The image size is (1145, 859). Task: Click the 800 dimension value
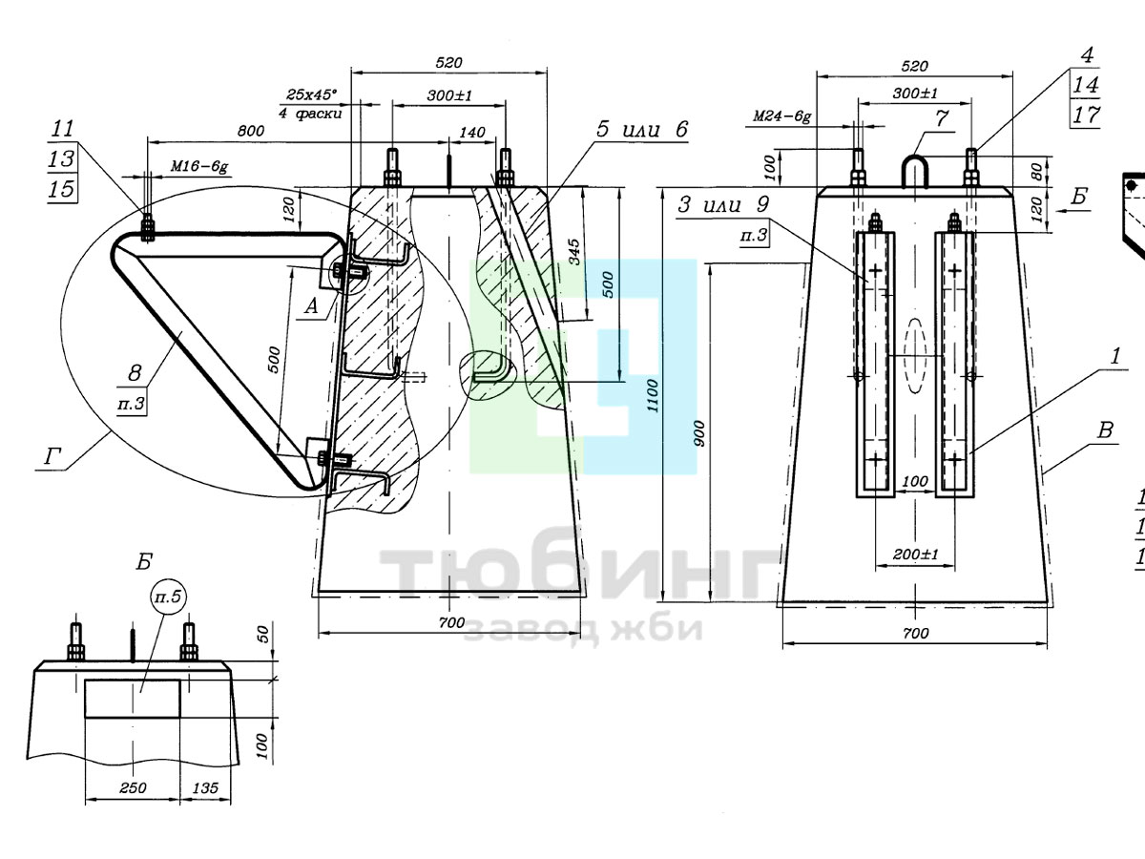coord(251,131)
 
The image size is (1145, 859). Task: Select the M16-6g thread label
coord(199,167)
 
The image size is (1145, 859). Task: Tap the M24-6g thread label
coord(781,116)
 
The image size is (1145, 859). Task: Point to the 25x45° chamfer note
coord(311,94)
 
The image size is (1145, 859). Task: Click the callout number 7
coord(942,118)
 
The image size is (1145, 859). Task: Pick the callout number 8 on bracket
coord(135,373)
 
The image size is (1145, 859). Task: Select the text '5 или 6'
coord(642,129)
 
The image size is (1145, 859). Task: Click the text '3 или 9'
coord(723,204)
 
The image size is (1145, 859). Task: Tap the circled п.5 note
coord(168,597)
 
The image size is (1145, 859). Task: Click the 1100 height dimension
coord(653,395)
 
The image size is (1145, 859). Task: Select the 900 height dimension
coord(700,433)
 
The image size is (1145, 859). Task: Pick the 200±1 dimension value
coord(915,554)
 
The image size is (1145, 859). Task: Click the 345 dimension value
coord(573,252)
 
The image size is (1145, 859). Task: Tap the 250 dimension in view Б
coord(133,787)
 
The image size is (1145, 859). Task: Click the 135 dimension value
coord(205,787)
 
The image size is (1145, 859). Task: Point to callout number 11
coord(62,129)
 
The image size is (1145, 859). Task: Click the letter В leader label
coord(1105,430)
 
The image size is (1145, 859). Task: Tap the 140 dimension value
coord(472,133)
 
